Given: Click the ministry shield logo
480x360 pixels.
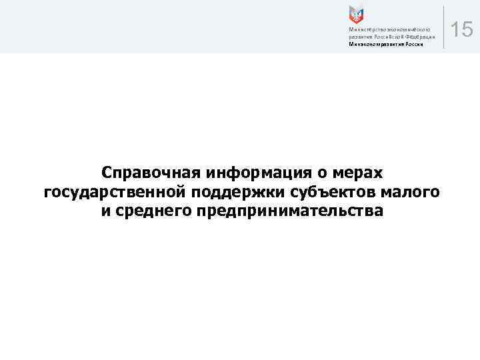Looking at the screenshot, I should pos(356,15).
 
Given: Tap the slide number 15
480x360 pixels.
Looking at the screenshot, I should pos(461,30).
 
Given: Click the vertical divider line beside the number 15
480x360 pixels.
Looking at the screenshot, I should pos(443,27).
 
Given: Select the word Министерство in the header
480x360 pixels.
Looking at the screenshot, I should pos(365,30).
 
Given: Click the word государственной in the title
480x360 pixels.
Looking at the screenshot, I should pos(115,193).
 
